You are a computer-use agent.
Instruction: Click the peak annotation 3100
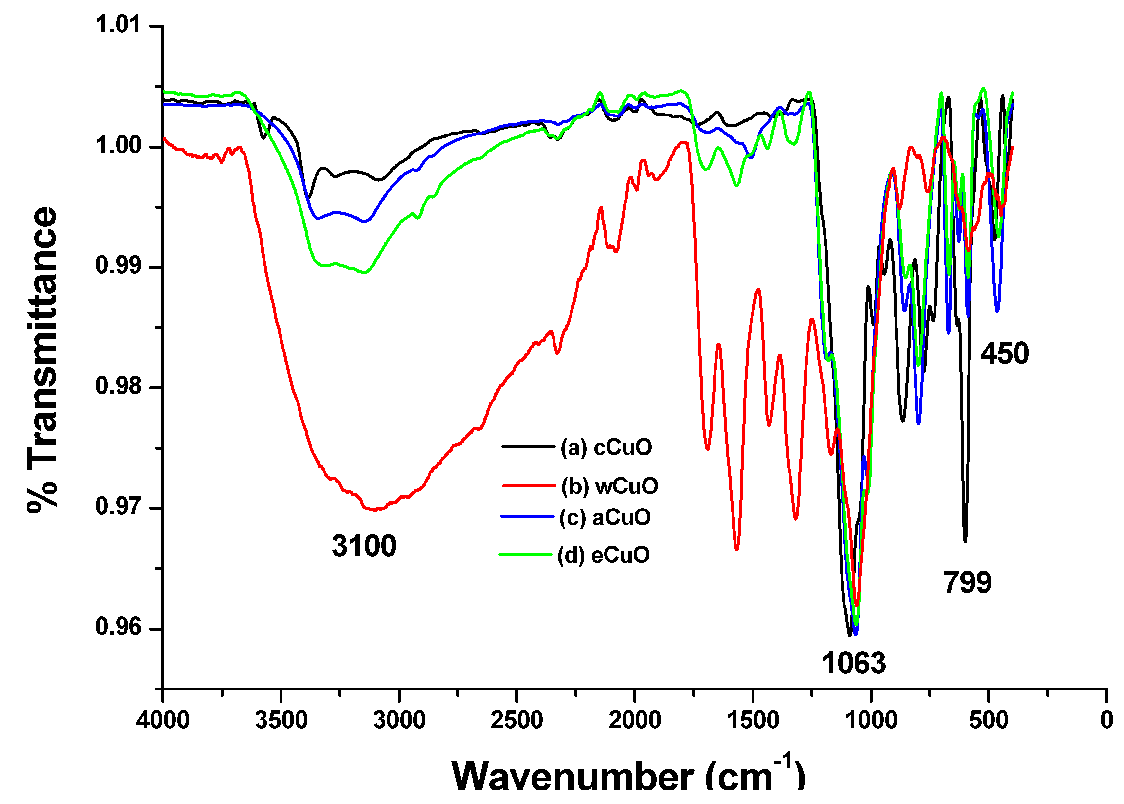(364, 546)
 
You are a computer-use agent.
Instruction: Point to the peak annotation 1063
(854, 663)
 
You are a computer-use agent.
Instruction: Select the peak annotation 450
(1005, 353)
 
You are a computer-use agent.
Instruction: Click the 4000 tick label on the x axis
(163, 720)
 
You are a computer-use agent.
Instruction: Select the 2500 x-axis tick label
(517, 720)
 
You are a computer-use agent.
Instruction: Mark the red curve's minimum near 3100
(375, 510)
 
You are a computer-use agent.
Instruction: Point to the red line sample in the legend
(529, 486)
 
